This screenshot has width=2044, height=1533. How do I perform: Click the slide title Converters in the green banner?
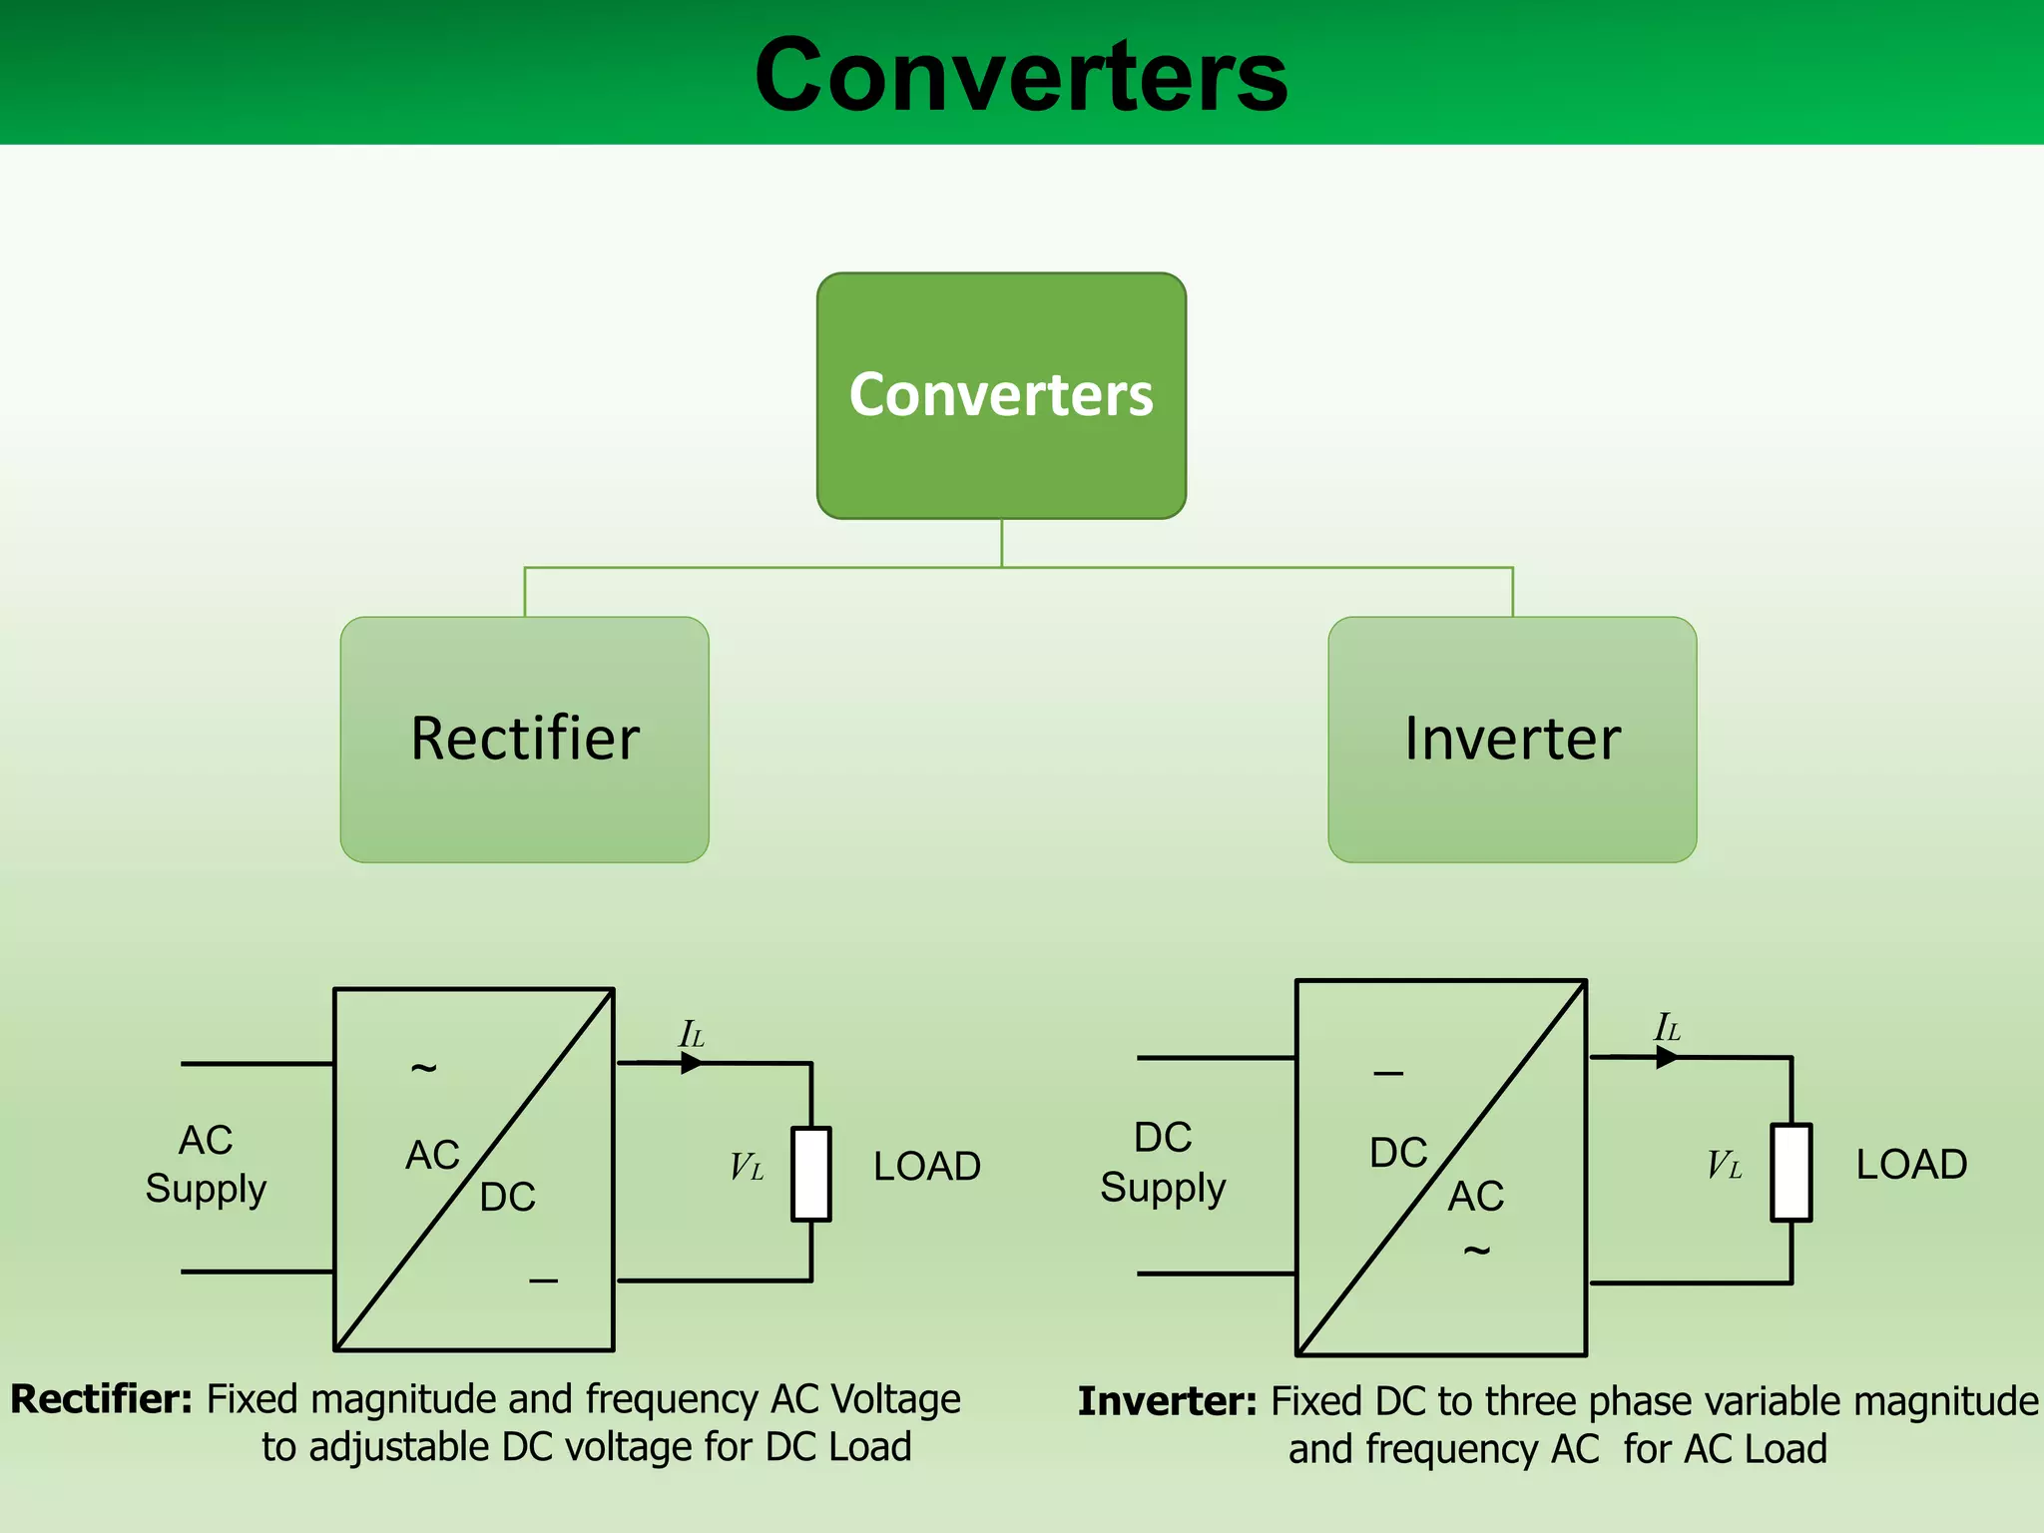pos(1020,75)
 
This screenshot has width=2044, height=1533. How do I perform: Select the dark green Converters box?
pos(1001,395)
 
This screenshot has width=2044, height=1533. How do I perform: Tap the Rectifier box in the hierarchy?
pos(524,739)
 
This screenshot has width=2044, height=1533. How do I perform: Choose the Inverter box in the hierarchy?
pos(1512,739)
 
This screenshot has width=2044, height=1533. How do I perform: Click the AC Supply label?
pos(206,1164)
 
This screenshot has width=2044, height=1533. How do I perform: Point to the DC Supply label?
pos(1163,1162)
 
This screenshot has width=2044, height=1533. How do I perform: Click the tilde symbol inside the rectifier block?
pos(424,1069)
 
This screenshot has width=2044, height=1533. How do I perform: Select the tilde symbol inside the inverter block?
pos(1476,1250)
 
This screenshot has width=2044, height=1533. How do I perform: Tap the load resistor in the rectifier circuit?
pos(811,1174)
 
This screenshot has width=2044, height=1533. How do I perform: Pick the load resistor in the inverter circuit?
pos(1791,1172)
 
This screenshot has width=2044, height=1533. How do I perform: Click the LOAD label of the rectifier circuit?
pos(927,1166)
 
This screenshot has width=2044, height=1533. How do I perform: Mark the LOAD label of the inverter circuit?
pos(1911,1164)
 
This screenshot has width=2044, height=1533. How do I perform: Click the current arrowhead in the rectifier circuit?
pos(692,1063)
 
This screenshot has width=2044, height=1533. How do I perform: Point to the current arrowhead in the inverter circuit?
pos(1667,1057)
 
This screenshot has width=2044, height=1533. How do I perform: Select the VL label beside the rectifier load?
pos(747,1167)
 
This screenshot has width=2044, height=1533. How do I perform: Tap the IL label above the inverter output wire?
pos(1667,1027)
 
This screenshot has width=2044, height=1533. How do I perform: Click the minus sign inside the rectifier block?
pos(543,1280)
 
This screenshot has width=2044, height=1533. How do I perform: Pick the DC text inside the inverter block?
pos(1398,1153)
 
